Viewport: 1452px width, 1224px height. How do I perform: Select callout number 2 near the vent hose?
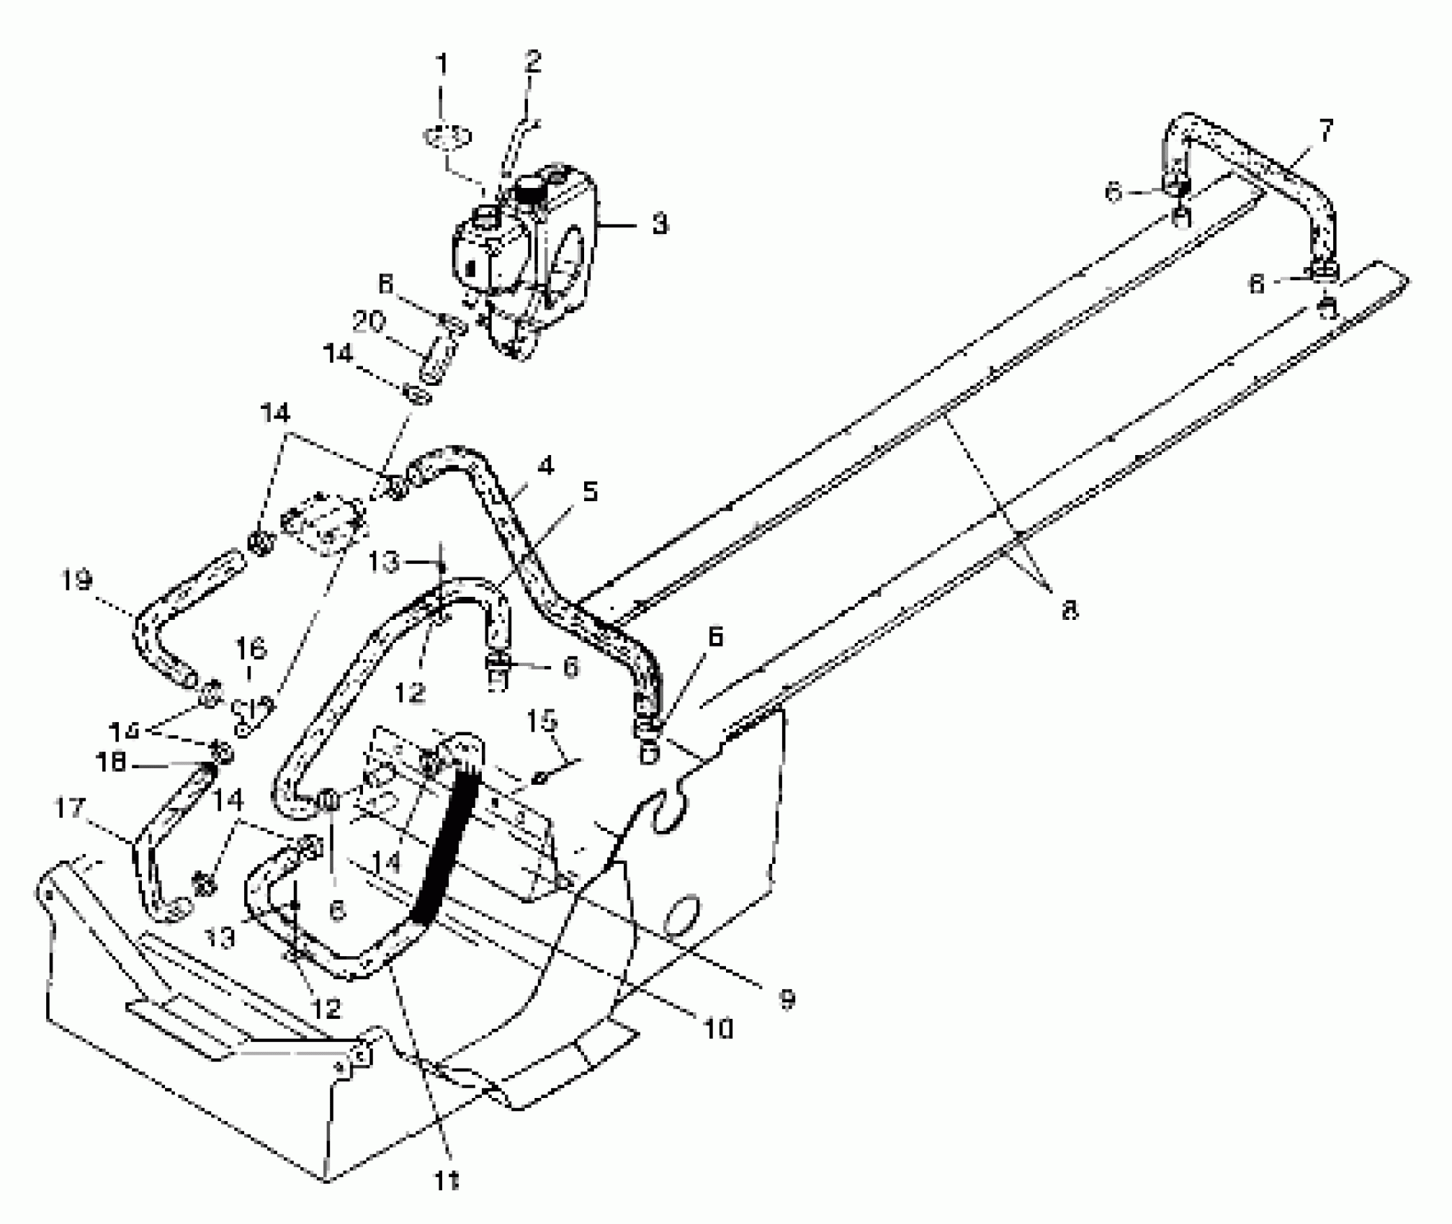[532, 63]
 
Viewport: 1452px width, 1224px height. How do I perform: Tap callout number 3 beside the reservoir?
[659, 224]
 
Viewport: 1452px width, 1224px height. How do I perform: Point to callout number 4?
[546, 467]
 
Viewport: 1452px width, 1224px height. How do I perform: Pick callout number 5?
[590, 492]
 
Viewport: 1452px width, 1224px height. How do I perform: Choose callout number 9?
[786, 999]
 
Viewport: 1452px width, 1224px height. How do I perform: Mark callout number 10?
[718, 1029]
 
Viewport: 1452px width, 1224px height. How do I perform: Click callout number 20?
[369, 322]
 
